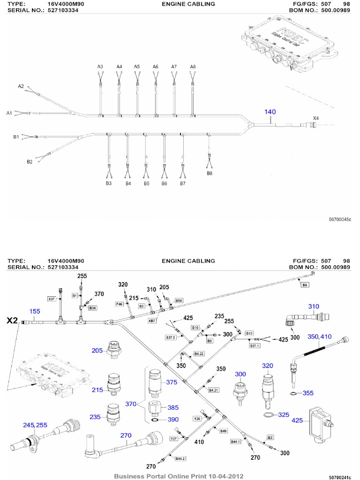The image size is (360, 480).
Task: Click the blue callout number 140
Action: [x=270, y=112]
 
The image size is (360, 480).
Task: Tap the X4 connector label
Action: [x=316, y=118]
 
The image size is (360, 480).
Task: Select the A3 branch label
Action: [x=100, y=67]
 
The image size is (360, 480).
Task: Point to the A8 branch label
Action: [x=193, y=67]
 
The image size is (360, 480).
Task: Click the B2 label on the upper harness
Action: [x=30, y=162]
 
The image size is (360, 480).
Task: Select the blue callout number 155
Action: [x=35, y=311]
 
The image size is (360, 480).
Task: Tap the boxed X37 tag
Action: [x=51, y=298]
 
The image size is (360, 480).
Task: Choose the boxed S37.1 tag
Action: [x=254, y=345]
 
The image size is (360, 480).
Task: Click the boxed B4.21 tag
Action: [x=213, y=390]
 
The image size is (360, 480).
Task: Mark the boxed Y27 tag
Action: [x=174, y=438]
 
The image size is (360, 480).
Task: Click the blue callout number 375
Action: [x=172, y=382]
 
